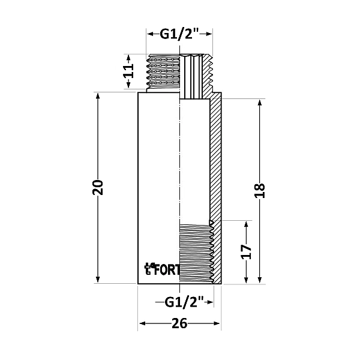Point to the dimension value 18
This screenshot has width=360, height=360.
point(259,191)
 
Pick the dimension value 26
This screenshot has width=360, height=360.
point(179,324)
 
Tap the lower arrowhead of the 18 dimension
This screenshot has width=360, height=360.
point(259,280)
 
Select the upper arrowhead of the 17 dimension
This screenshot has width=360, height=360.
point(245,224)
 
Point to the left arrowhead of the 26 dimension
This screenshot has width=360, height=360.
point(142,324)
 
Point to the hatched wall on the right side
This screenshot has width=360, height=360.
point(216,156)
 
